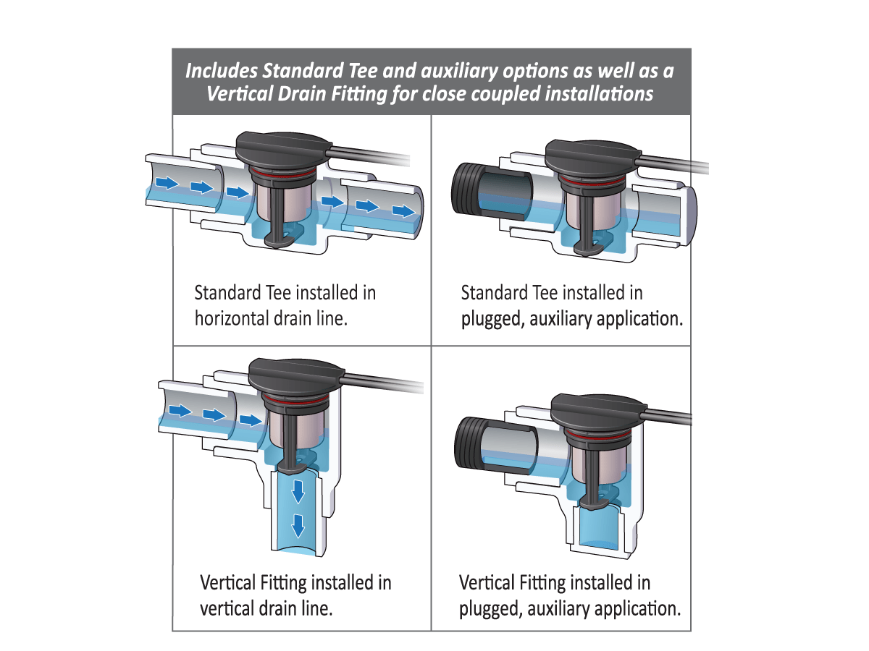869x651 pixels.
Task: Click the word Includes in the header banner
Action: [222, 72]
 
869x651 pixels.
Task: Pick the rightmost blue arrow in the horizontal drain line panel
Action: [401, 210]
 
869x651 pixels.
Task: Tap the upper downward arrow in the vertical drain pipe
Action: [297, 493]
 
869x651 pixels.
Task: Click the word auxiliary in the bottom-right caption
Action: [555, 608]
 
